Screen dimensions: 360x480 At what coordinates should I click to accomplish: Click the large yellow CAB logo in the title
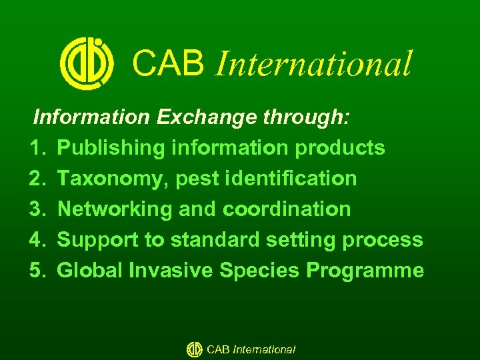pos(87,63)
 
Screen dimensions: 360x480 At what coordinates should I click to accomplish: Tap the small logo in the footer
pos(194,349)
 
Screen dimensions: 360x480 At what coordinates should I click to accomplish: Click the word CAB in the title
pos(167,63)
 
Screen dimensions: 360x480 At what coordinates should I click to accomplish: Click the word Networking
pos(115,209)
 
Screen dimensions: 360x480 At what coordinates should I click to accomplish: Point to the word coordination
pos(286,209)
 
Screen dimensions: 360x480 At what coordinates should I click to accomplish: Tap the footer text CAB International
pos(251,349)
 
